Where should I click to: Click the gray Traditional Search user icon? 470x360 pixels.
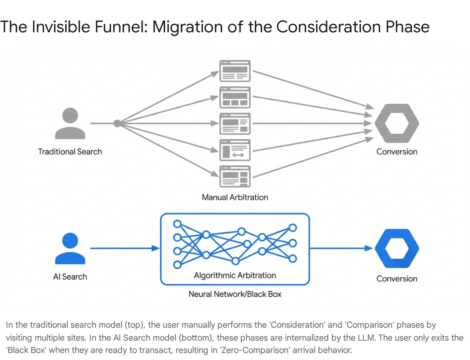(x=70, y=123)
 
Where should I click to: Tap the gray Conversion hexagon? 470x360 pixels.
(x=397, y=123)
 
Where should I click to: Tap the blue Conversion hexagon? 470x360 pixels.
(x=397, y=248)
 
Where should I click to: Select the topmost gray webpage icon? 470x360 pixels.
(x=235, y=71)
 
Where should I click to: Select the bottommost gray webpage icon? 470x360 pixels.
(x=235, y=176)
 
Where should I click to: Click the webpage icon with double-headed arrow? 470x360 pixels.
(x=235, y=150)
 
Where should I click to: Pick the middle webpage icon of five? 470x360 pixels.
(x=235, y=124)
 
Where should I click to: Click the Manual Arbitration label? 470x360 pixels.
(x=235, y=197)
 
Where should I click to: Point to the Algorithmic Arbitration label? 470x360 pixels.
(x=235, y=275)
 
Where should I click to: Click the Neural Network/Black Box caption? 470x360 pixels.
(x=235, y=294)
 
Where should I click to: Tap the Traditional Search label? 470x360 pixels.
(x=70, y=152)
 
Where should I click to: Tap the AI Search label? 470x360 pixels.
(x=70, y=277)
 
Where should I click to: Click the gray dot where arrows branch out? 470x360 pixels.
(x=117, y=123)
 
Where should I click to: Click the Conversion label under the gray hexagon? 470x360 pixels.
(x=397, y=152)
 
